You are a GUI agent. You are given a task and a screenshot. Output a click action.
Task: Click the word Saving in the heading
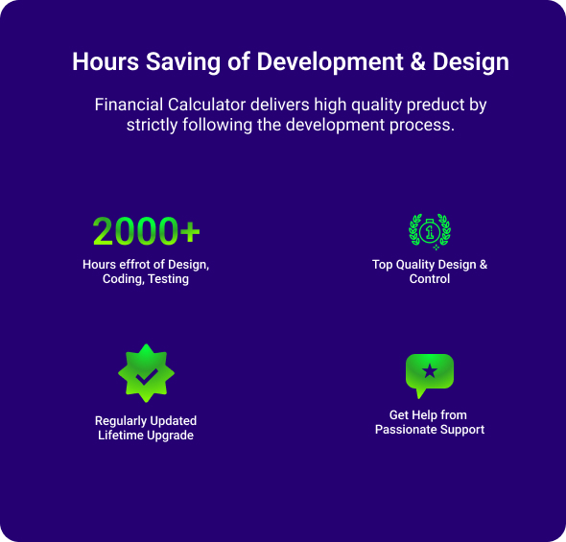(182, 61)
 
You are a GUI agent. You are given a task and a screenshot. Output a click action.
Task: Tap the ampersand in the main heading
(417, 61)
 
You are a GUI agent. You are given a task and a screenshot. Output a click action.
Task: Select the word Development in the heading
(330, 61)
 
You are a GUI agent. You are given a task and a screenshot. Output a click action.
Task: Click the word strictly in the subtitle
(152, 126)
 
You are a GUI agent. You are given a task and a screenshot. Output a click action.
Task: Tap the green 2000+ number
(146, 231)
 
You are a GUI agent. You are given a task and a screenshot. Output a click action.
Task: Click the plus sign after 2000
(190, 231)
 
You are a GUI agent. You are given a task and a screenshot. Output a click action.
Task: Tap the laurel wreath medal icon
(430, 231)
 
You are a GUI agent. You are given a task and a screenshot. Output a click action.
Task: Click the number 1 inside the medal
(430, 231)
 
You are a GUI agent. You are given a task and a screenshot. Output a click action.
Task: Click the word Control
(430, 278)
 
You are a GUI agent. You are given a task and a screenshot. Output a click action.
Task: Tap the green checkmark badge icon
(146, 373)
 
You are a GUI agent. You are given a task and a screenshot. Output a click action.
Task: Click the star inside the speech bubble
(430, 371)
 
